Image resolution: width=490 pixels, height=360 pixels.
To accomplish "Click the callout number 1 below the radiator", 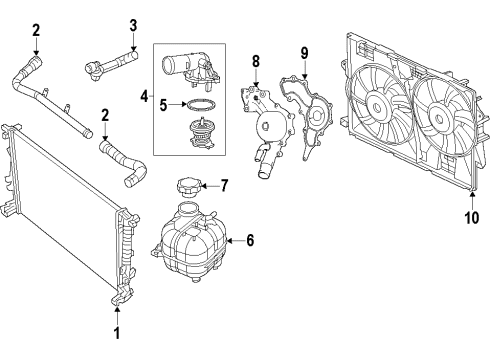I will (115, 334).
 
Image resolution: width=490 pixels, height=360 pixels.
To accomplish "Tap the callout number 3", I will (133, 24).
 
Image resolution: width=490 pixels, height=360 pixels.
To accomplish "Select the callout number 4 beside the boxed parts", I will (145, 97).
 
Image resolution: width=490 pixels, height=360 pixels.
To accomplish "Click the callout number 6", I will (251, 240).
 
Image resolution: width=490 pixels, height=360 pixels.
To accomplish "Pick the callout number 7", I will (225, 184).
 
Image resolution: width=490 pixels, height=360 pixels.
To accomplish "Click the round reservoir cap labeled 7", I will (186, 186).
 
